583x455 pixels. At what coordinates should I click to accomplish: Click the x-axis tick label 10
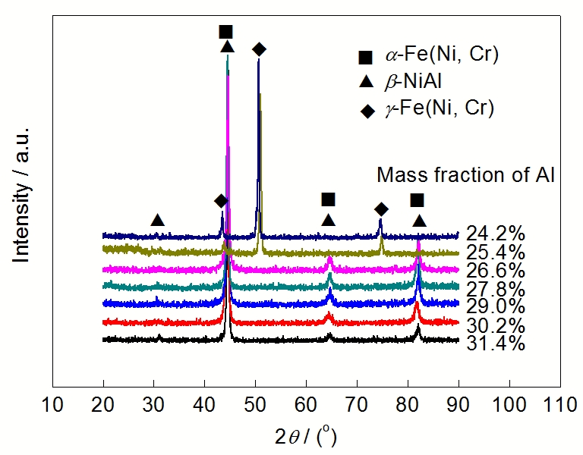coord(52,402)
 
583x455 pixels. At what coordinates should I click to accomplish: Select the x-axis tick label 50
coord(255,402)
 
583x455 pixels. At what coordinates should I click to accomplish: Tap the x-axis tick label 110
coord(559,402)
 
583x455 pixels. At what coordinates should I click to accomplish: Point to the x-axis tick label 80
coord(408,402)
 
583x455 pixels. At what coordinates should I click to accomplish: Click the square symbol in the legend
coord(366,56)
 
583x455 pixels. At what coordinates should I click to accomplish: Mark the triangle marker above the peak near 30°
coord(157,220)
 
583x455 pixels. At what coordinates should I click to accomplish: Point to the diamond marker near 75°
coord(381,209)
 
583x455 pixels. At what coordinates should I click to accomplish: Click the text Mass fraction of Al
coord(468,176)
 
